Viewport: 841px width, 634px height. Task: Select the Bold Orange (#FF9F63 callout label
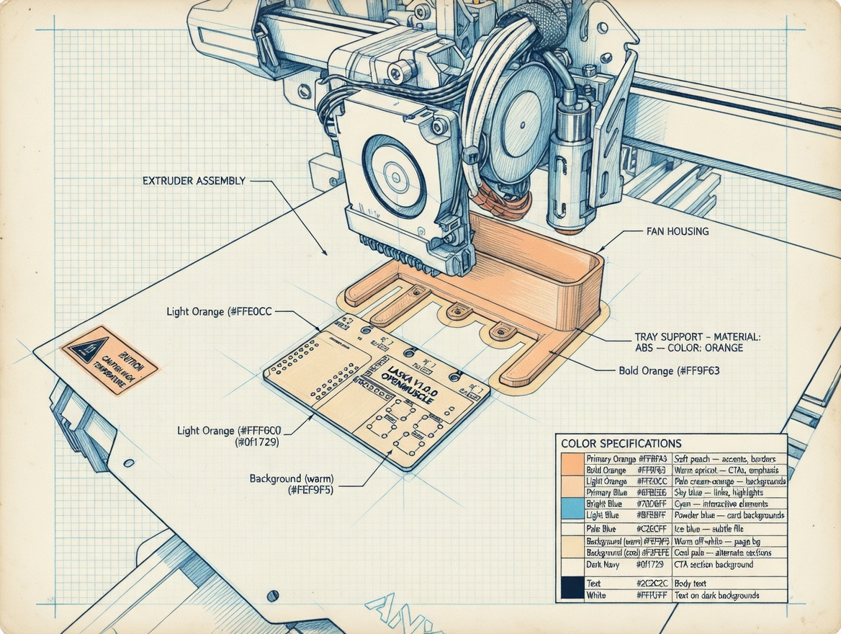point(669,371)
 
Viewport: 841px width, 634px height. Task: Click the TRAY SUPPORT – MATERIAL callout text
point(697,336)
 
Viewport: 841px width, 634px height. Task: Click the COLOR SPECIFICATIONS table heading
point(621,443)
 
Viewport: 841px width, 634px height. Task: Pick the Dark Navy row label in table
point(603,565)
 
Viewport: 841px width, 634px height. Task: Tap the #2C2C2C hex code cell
point(653,583)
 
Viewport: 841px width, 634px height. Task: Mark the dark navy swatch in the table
point(572,587)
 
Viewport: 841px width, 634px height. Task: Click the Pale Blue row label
point(602,529)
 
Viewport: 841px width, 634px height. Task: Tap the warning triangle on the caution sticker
point(90,348)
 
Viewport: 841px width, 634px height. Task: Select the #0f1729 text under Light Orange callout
point(257,442)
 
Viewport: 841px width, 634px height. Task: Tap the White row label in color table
point(596,596)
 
